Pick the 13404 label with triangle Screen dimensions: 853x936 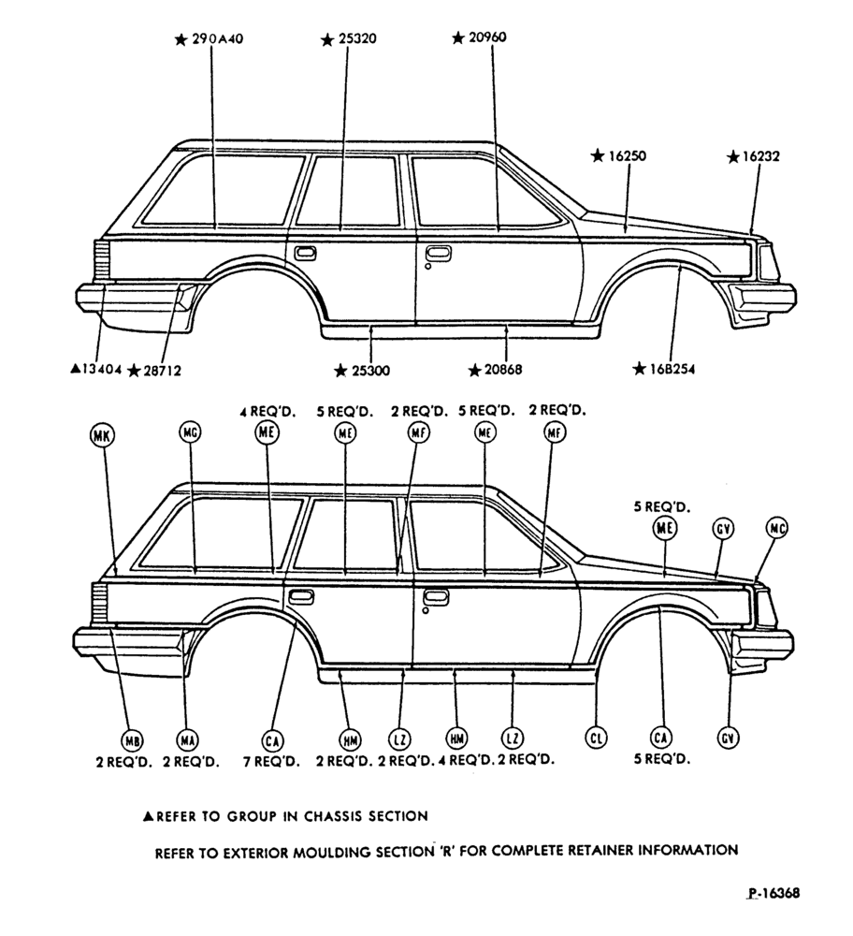click(96, 370)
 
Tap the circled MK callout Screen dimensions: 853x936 click(102, 436)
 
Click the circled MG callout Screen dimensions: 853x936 click(190, 432)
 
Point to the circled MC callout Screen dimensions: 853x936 click(776, 528)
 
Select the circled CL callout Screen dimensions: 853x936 click(596, 739)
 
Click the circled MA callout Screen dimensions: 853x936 click(188, 740)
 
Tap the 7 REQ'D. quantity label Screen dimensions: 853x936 click(271, 762)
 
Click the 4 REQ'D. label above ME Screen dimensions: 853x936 click(267, 412)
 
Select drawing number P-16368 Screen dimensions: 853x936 click(773, 893)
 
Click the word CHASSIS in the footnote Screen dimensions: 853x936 click(332, 816)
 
